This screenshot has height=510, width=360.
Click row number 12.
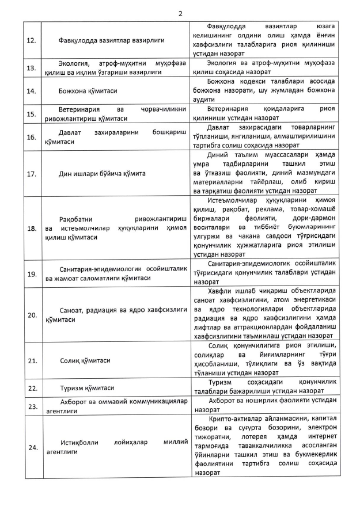[32, 40]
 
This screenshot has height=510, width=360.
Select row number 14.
[32, 91]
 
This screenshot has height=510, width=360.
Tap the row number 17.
[32, 173]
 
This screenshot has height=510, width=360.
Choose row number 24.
[32, 447]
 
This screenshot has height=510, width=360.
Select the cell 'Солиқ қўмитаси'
[85, 361]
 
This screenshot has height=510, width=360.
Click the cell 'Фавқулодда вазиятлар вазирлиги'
[112, 40]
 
